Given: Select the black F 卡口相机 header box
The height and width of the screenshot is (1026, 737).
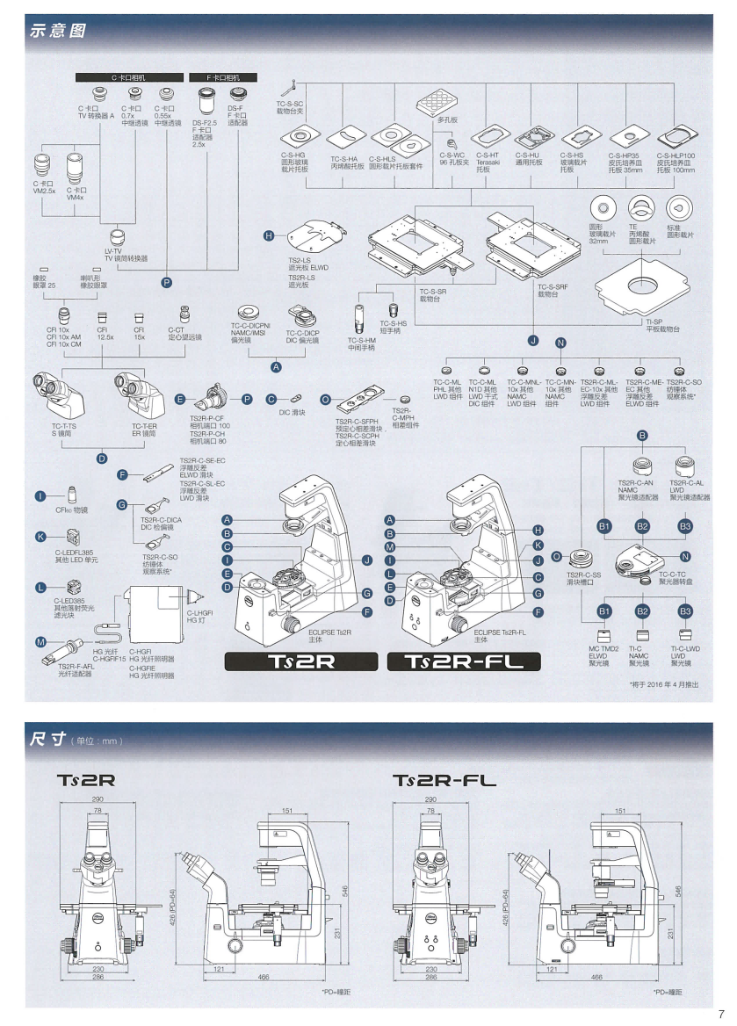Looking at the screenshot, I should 223,78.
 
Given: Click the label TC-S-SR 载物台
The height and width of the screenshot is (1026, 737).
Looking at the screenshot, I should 432,295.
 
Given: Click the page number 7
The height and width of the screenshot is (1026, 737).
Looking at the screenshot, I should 720,1012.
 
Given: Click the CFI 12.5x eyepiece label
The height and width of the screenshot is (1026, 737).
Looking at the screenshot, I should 105,334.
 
